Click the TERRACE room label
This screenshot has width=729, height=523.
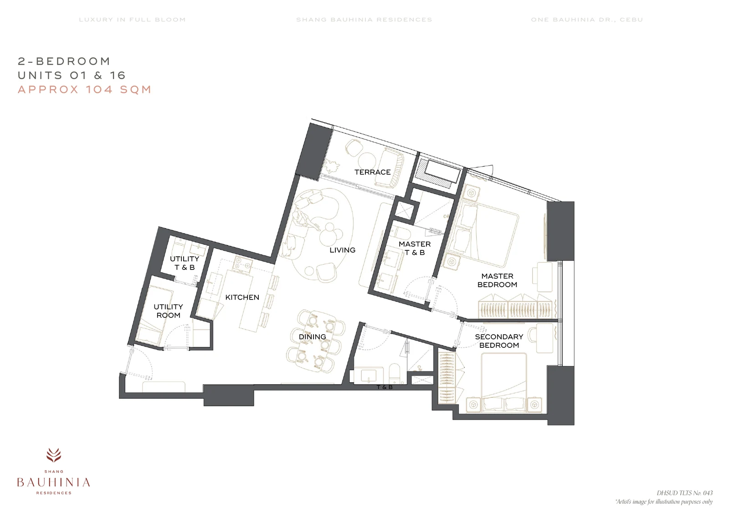(372, 172)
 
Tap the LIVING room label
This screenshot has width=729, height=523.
(342, 250)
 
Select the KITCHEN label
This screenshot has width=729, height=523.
(242, 297)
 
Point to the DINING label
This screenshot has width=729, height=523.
(312, 337)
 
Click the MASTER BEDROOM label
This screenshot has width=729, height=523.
(497, 280)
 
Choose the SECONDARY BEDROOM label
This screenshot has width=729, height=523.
(499, 341)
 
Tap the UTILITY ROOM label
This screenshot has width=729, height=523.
(168, 311)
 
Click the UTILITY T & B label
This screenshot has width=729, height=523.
(185, 263)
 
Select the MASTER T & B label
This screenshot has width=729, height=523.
(415, 248)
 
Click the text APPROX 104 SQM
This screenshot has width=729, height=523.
(85, 89)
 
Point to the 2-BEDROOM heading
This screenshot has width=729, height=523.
(64, 61)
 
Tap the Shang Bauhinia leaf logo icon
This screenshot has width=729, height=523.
(54, 455)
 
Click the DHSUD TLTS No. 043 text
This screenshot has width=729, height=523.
(684, 493)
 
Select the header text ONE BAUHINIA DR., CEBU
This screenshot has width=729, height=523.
(587, 20)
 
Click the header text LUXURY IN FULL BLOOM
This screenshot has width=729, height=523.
(132, 20)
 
